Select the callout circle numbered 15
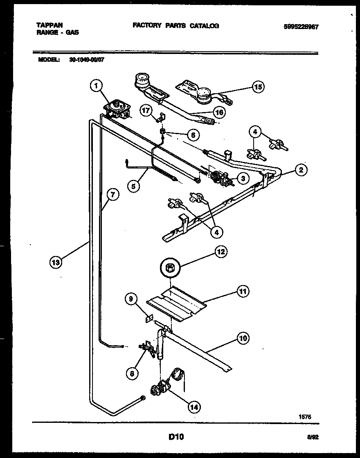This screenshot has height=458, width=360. (258, 87)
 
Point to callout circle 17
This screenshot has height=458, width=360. (146, 110)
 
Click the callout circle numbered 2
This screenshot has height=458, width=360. (301, 170)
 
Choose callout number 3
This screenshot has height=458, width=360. (243, 178)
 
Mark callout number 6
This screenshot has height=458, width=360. (191, 134)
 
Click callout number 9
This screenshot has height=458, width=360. (131, 300)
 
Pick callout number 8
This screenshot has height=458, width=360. (132, 373)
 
